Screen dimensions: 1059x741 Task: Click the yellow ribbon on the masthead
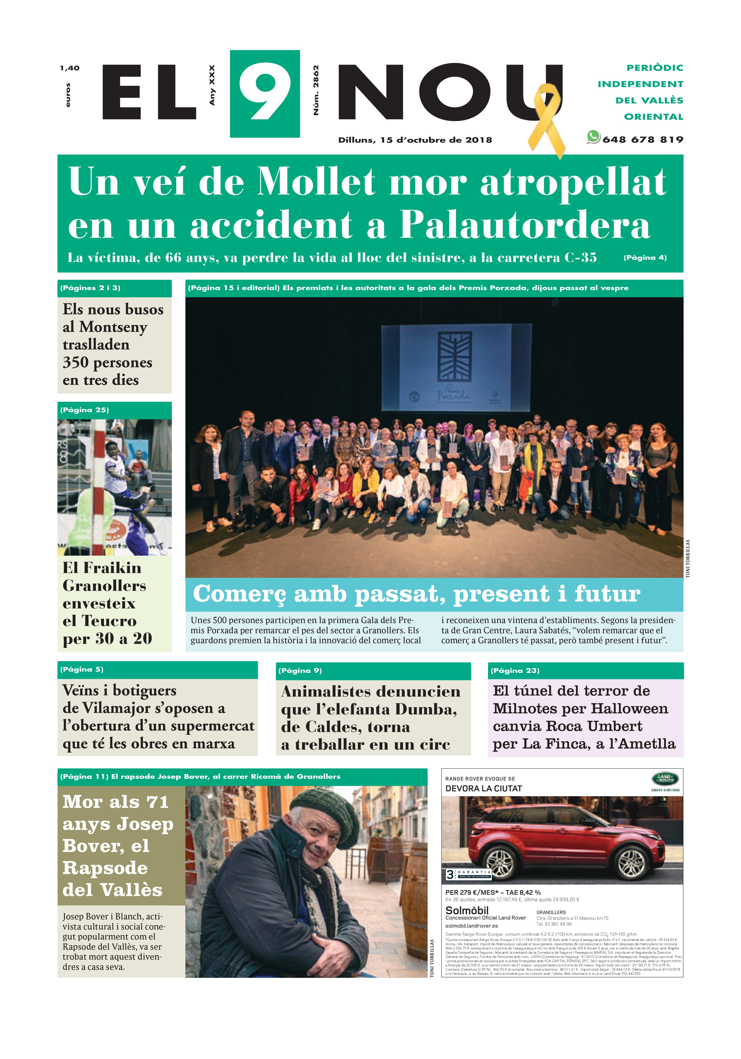coord(548,118)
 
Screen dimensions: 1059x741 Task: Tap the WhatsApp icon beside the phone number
coord(593,137)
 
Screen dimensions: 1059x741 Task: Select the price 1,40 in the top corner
coord(70,68)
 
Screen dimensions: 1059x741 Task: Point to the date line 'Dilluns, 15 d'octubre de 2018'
coord(415,140)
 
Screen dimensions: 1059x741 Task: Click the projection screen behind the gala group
coord(456,367)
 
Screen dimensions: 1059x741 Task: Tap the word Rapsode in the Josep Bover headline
coord(105,868)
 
